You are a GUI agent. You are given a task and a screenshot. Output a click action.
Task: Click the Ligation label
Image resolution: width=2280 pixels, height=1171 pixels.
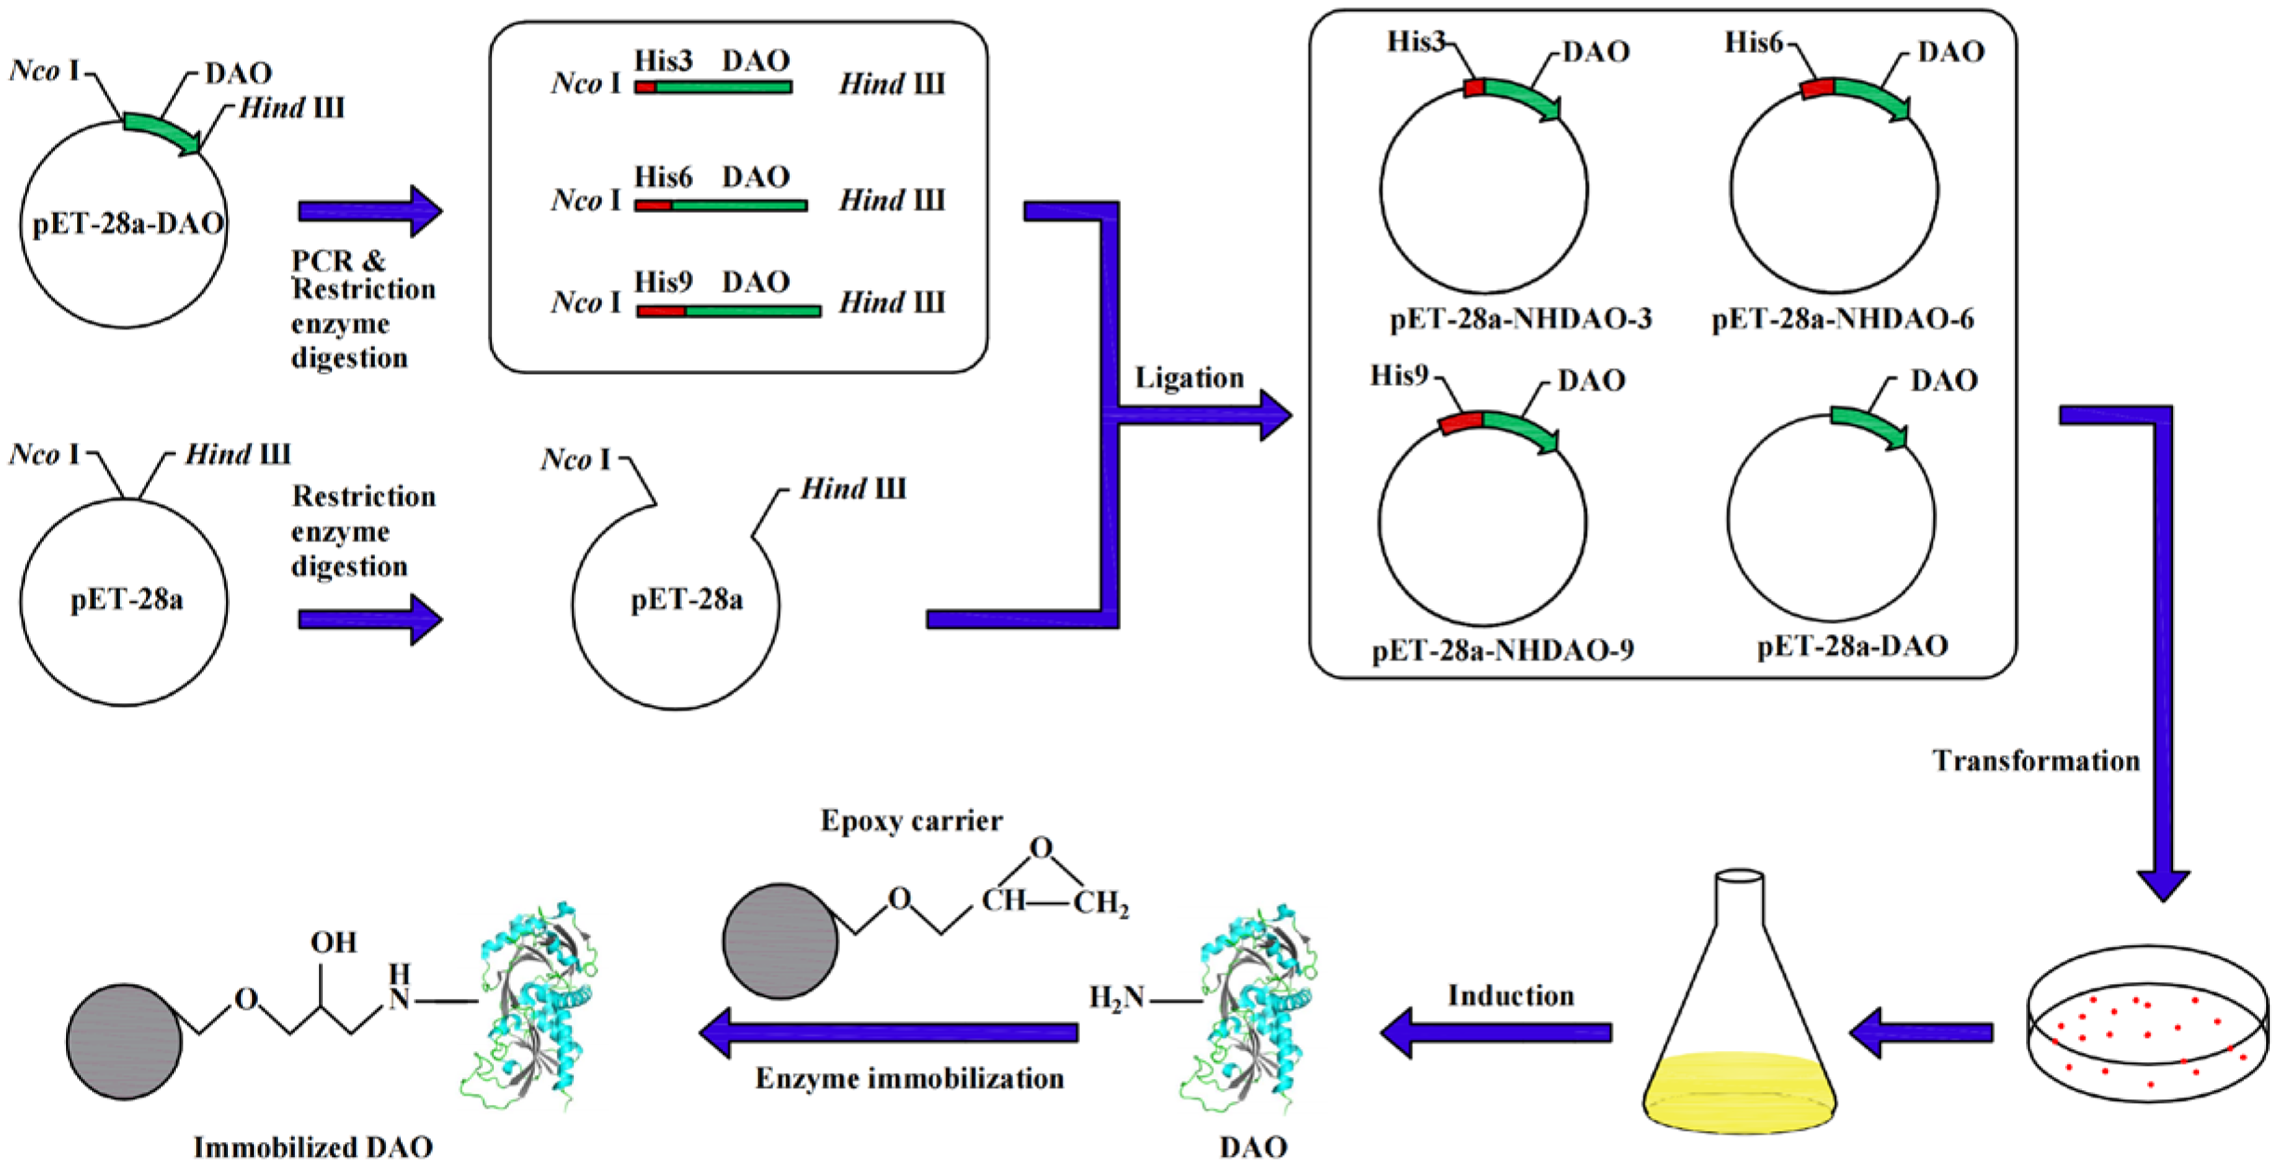1188,378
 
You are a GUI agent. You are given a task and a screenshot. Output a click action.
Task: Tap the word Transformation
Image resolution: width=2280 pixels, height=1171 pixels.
2035,760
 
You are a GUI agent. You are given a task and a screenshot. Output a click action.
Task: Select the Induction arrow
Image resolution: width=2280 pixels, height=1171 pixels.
1496,1031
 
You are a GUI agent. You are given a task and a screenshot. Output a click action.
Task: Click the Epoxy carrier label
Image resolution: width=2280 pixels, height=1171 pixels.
911,820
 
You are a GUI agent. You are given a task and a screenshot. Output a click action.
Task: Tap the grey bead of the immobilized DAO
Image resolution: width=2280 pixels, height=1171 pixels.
124,1042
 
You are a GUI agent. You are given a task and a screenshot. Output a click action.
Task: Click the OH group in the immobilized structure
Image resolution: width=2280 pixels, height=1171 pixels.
333,942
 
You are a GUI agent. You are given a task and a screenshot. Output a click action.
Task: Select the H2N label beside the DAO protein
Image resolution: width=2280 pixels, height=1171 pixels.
1116,998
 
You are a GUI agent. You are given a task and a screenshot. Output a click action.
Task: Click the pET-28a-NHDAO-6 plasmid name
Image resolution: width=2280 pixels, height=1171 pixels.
1842,319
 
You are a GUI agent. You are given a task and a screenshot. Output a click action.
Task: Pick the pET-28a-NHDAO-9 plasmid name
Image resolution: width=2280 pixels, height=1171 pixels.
1502,649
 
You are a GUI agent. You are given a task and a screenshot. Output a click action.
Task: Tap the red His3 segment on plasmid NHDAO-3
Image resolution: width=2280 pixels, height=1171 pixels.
1474,87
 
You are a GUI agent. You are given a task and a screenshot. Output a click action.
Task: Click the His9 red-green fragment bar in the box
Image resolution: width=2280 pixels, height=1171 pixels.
728,312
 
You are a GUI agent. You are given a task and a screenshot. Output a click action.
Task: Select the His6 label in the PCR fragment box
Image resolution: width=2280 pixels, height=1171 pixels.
663,177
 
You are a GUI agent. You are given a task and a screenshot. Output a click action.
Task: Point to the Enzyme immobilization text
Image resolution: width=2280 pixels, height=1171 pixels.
909,1078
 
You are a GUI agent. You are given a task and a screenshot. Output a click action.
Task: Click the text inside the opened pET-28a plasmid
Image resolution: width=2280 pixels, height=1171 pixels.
687,600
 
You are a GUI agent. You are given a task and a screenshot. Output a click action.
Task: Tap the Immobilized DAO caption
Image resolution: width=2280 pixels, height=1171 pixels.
313,1147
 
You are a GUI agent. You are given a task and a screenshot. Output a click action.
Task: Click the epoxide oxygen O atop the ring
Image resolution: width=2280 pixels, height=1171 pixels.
1041,847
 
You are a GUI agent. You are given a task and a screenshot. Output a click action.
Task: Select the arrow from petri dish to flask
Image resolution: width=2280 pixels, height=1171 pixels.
1921,1031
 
